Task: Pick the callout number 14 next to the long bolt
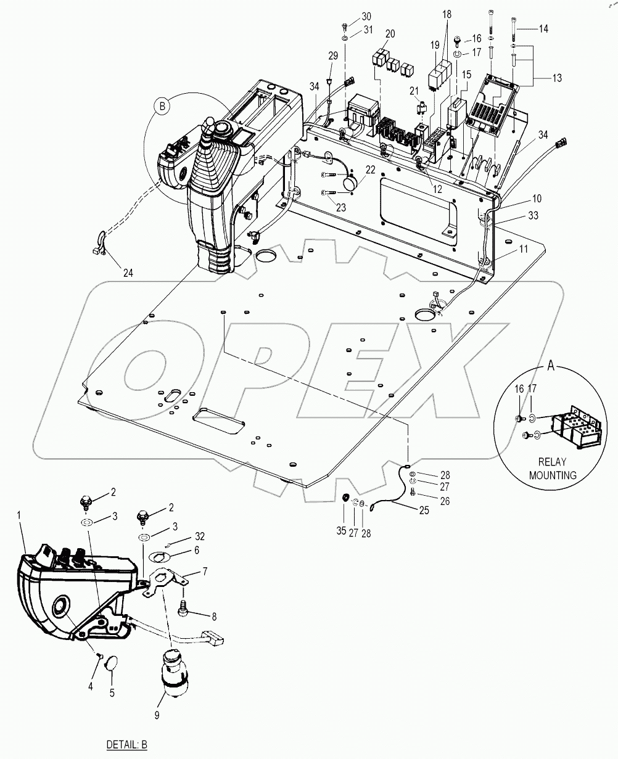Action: (x=543, y=29)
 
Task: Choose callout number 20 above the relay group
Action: (x=390, y=33)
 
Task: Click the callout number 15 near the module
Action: (x=467, y=75)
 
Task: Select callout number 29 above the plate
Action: (x=333, y=56)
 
